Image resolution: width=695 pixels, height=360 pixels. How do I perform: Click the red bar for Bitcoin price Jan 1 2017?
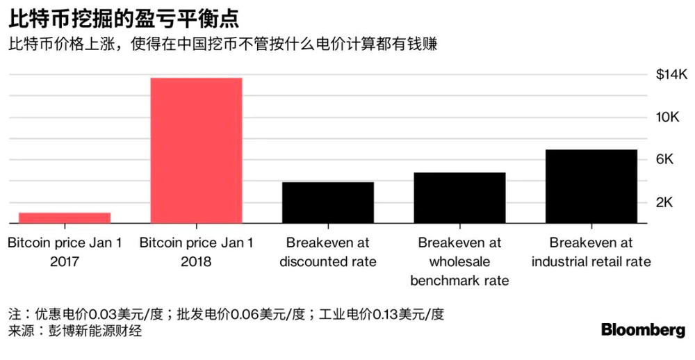tap(64, 218)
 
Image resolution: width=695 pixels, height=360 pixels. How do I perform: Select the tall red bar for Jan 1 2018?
tap(196, 150)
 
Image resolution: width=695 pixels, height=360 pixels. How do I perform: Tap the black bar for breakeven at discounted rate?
tap(327, 202)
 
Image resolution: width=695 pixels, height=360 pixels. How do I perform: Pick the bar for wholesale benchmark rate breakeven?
tap(459, 197)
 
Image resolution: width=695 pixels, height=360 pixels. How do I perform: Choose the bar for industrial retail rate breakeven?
tap(591, 186)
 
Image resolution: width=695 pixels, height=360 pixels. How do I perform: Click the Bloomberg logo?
tap(643, 331)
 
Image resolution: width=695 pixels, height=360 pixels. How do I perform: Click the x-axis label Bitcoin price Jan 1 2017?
tap(64, 252)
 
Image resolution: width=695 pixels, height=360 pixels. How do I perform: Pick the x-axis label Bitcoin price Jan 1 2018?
tap(196, 252)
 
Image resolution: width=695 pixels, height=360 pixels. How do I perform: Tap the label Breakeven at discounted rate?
tap(327, 252)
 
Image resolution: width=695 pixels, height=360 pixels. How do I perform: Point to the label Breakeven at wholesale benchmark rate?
tap(459, 262)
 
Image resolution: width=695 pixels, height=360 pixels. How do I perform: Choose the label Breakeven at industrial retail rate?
tap(591, 252)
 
